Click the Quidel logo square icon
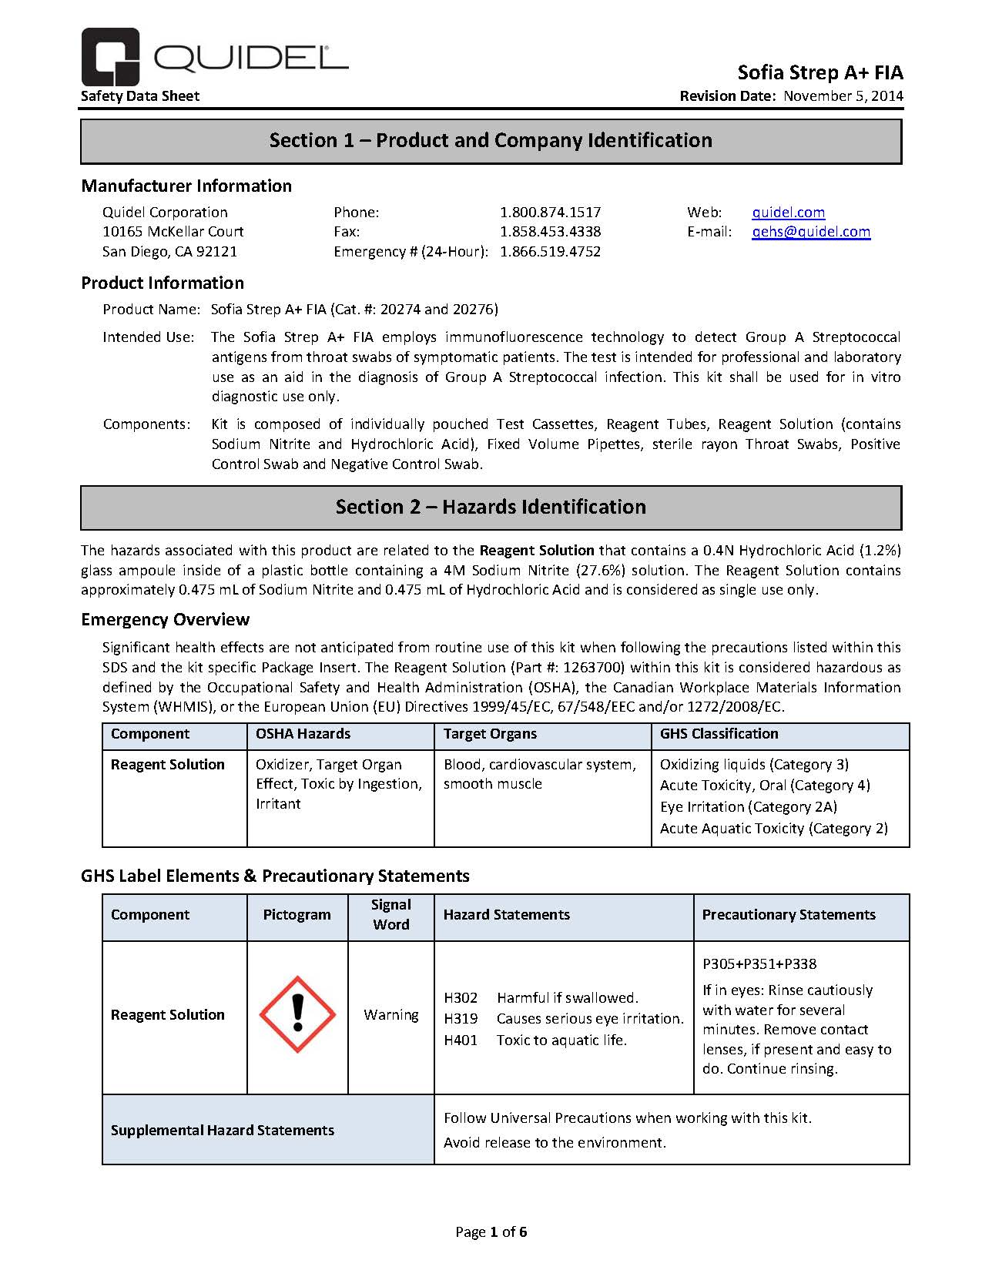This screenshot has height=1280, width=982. [x=110, y=56]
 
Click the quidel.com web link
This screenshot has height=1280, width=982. [x=788, y=213]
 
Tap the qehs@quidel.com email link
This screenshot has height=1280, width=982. [x=811, y=232]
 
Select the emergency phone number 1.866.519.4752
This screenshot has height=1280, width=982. [x=550, y=252]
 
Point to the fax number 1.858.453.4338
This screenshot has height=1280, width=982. [x=550, y=232]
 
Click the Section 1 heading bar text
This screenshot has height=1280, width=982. [x=491, y=141]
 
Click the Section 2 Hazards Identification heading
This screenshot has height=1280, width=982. [x=491, y=508]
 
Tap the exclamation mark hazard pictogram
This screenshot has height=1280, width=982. [x=297, y=1014]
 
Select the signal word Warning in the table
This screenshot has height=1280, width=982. [x=391, y=1015]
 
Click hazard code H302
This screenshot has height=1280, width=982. [x=461, y=998]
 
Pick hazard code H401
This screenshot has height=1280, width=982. [x=461, y=1040]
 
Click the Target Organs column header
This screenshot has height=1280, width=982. [x=490, y=734]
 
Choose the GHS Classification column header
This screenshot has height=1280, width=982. [x=719, y=734]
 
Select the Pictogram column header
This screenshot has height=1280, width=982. [x=297, y=915]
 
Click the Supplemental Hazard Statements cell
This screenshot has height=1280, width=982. [x=223, y=1131]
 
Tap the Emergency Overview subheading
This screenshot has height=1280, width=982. [x=166, y=620]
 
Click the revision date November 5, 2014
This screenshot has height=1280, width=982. [x=843, y=96]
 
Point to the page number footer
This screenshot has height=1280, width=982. [x=491, y=1232]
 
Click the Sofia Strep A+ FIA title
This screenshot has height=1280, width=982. [x=820, y=73]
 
